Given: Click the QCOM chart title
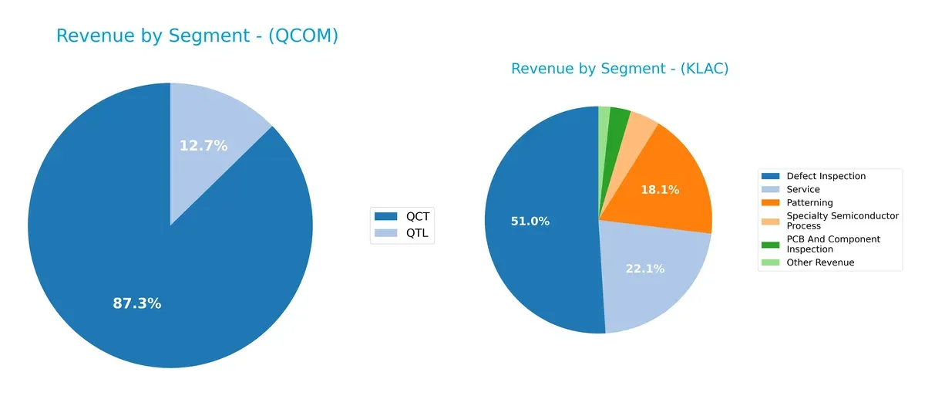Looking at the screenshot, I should pyautogui.click(x=197, y=36).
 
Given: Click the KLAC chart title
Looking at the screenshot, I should pyautogui.click(x=620, y=69).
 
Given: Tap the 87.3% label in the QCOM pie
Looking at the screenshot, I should pyautogui.click(x=137, y=303).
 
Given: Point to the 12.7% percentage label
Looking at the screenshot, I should pyautogui.click(x=203, y=145).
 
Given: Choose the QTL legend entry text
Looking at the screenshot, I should pyautogui.click(x=418, y=232).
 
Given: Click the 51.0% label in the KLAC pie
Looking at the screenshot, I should pyautogui.click(x=530, y=222).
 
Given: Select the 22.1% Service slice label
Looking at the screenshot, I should pyautogui.click(x=644, y=268).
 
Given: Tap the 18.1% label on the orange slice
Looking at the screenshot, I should pyautogui.click(x=660, y=189).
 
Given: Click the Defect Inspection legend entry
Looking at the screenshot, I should pyautogui.click(x=826, y=176).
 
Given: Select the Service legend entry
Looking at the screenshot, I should pyautogui.click(x=802, y=189).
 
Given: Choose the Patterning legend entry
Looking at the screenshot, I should pyautogui.click(x=809, y=202).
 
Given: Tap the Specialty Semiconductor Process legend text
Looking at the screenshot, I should pyautogui.click(x=833, y=221).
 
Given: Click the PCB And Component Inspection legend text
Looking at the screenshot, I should pyautogui.click(x=833, y=244).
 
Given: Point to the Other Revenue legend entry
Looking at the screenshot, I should pyautogui.click(x=820, y=262).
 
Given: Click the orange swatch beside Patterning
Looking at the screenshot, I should pyautogui.click(x=770, y=202).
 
